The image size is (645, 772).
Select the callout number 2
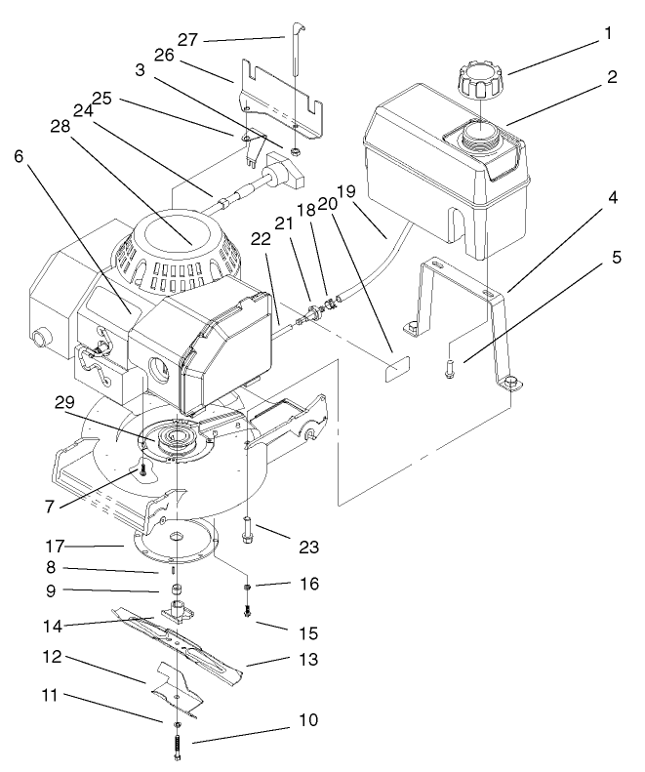click(611, 77)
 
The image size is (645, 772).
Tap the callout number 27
click(188, 39)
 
